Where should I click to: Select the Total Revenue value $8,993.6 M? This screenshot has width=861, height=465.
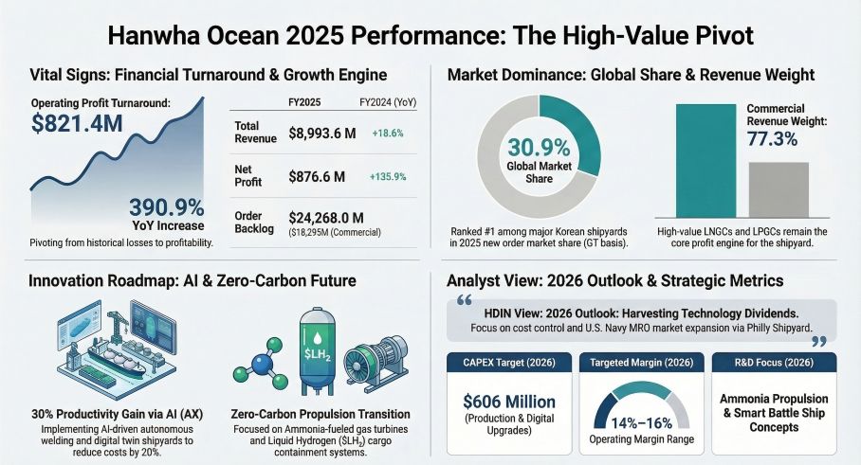pos(322,134)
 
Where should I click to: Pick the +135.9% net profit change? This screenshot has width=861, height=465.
pos(389,176)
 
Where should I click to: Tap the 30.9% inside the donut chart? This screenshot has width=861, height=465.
pos(539,148)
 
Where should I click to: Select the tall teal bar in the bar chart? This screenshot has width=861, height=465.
pos(705,161)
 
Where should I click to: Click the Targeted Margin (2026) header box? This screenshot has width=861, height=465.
pos(641,363)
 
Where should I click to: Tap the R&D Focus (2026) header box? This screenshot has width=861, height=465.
pos(774,363)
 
